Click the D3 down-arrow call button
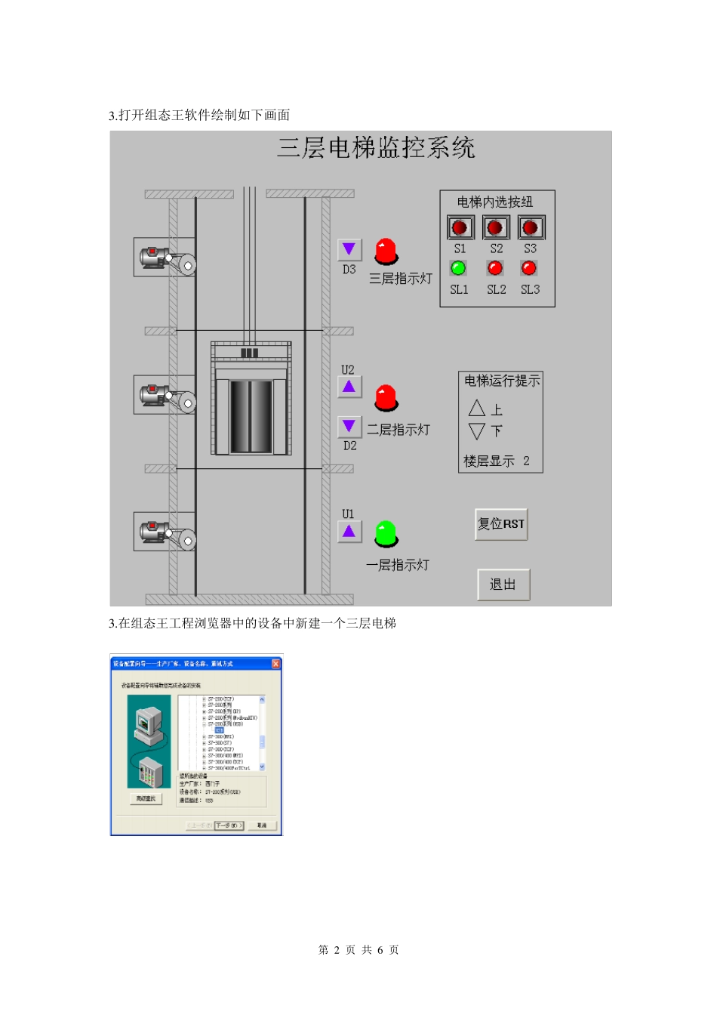(x=349, y=249)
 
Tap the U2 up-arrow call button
(x=349, y=387)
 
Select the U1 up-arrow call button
(x=349, y=532)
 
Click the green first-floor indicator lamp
(x=386, y=533)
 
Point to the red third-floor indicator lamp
(x=386, y=251)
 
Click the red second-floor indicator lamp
(x=386, y=397)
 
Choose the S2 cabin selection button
(x=495, y=227)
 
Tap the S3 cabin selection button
(x=531, y=227)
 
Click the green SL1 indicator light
(x=458, y=268)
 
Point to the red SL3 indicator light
(x=529, y=268)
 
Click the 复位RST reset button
(x=501, y=524)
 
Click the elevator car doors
(x=251, y=416)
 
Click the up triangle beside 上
(x=476, y=409)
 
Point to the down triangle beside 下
(x=476, y=431)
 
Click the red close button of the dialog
(x=275, y=664)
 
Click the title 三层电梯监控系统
(x=376, y=147)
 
